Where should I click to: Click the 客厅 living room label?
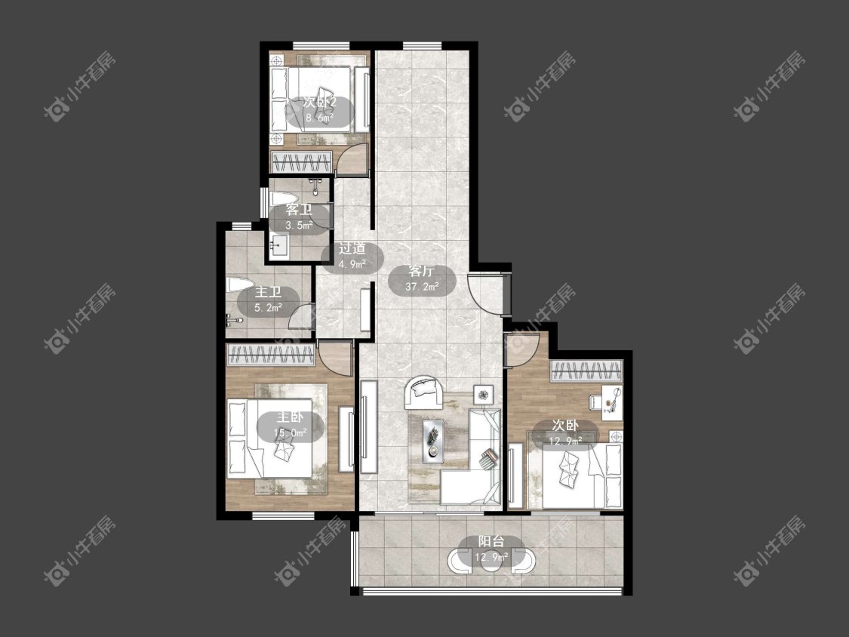422,272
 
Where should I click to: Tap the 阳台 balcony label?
491,542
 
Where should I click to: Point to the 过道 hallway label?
352,248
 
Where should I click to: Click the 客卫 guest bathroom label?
299,210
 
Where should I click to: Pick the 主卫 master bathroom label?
268,293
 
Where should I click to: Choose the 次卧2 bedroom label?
319,102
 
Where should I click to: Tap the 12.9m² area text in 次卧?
566,441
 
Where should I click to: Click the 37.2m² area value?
422,287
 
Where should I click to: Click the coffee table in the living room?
433,441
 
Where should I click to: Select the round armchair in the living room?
424,392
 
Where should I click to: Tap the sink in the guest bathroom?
279,247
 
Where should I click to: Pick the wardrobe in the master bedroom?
271,354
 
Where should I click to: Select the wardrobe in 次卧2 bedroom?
301,162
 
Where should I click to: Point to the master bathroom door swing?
301,315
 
